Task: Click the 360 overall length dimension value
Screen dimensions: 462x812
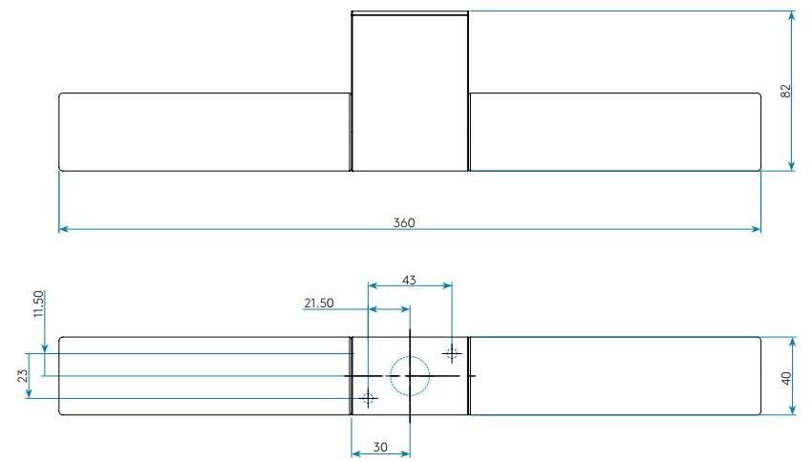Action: pyautogui.click(x=404, y=222)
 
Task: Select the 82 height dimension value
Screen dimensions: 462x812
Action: pyautogui.click(x=785, y=91)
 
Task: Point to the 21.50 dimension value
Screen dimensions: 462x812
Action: pyautogui.click(x=318, y=303)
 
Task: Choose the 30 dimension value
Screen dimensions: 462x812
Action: pyautogui.click(x=380, y=447)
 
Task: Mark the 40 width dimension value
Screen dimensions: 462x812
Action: pyautogui.click(x=785, y=376)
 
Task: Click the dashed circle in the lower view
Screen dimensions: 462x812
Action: pyautogui.click(x=410, y=375)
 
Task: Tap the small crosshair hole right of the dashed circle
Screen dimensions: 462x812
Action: pyautogui.click(x=452, y=352)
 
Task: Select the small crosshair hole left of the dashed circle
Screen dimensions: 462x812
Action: pyautogui.click(x=369, y=398)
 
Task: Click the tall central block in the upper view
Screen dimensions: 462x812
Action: pyautogui.click(x=410, y=92)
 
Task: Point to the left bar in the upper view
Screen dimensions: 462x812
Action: pyautogui.click(x=204, y=132)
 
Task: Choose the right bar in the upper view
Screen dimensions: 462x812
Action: pyautogui.click(x=614, y=132)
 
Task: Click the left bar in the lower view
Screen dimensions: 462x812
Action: pyautogui.click(x=204, y=376)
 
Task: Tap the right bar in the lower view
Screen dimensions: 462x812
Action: pyautogui.click(x=614, y=376)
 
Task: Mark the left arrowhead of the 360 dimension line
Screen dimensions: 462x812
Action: pyautogui.click(x=64, y=229)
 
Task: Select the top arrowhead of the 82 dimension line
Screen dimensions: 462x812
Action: pyautogui.click(x=793, y=16)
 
